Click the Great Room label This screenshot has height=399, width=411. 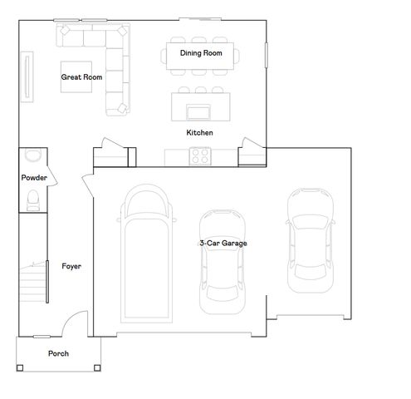click(81, 77)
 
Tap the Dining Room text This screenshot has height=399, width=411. click(201, 53)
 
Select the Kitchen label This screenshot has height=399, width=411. click(199, 132)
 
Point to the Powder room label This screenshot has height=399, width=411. click(34, 177)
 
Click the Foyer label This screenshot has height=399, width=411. click(71, 266)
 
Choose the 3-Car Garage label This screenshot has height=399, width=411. click(223, 243)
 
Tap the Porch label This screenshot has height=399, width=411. click(58, 353)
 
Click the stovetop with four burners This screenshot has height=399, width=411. click(200, 155)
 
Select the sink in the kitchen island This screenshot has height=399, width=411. click(198, 111)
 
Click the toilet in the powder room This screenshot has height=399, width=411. click(33, 199)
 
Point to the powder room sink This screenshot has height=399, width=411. click(33, 154)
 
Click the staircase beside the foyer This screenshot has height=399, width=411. click(32, 282)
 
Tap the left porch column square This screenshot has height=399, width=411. click(20, 367)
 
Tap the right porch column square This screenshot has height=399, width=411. click(97, 367)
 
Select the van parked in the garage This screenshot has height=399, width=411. click(146, 254)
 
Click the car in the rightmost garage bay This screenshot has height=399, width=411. click(311, 240)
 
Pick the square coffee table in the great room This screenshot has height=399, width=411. click(76, 76)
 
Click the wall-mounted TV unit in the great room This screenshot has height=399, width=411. click(27, 76)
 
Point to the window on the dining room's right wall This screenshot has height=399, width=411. click(267, 55)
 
